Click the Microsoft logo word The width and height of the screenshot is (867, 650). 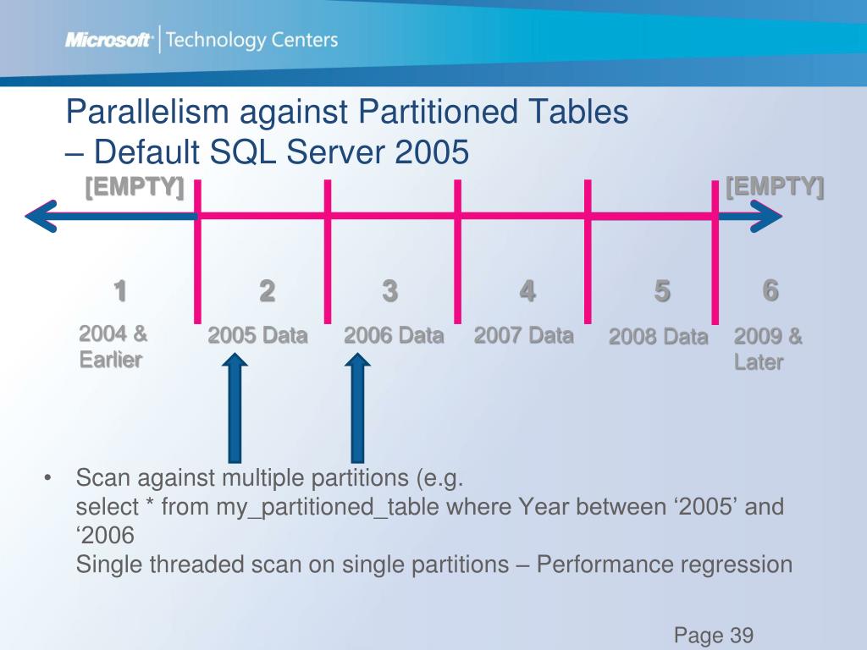(108, 40)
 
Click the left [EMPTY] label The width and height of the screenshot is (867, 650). (135, 187)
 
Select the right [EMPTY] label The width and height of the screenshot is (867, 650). (775, 186)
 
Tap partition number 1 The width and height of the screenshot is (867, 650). (120, 291)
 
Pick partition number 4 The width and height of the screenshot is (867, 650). (527, 291)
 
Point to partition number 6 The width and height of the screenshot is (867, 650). (770, 290)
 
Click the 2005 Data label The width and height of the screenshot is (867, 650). (257, 336)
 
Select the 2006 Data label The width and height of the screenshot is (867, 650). (394, 336)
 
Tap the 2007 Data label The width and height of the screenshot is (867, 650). (523, 335)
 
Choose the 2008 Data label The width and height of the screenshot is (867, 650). (658, 337)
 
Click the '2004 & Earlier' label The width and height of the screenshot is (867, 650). (113, 347)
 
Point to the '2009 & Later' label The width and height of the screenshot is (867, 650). (768, 349)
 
